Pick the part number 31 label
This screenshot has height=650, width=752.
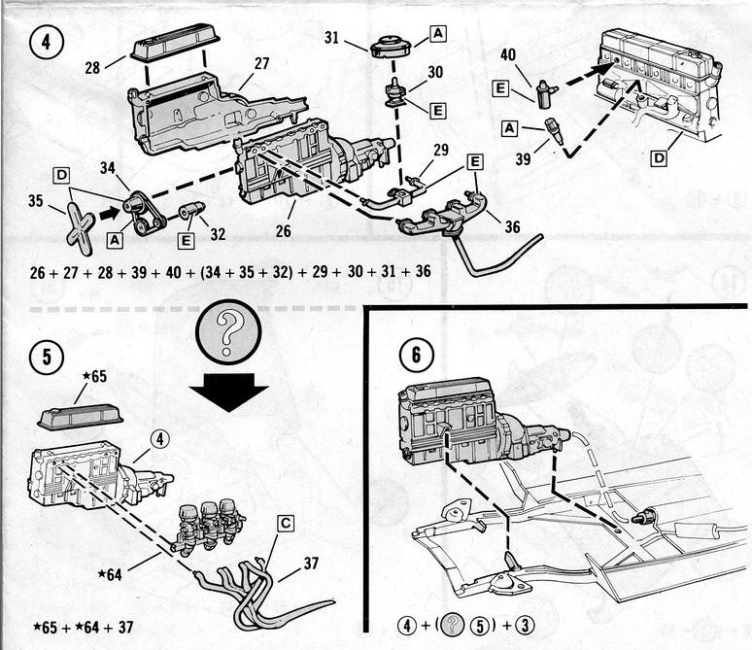332,39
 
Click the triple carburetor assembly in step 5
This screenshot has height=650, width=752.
207,525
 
